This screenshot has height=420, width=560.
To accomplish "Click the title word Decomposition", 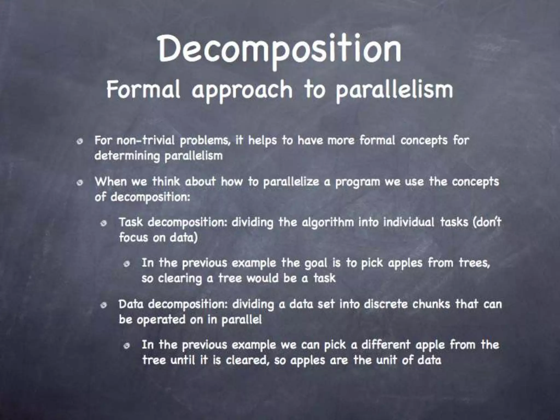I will pos(279,50).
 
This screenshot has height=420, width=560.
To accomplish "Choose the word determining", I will pos(127,156).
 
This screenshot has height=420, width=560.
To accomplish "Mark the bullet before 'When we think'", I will pos(80,183).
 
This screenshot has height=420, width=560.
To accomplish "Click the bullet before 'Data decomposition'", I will pos(103,305).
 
